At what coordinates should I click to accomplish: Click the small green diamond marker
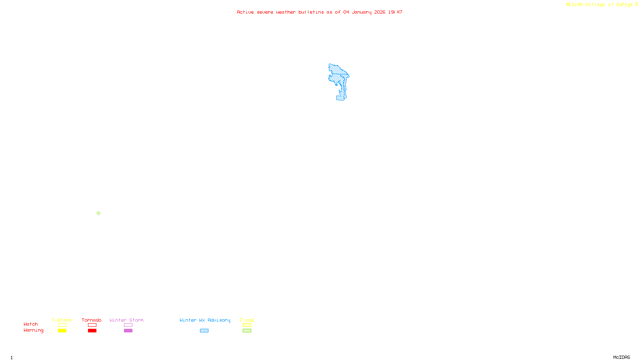click(98, 213)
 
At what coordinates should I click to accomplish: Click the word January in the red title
click(361, 12)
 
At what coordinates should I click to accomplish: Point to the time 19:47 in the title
click(395, 12)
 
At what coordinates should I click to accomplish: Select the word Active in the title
click(245, 12)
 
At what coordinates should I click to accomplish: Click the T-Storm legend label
click(62, 320)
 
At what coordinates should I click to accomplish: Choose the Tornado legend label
click(92, 320)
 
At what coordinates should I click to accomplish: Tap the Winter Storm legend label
click(126, 320)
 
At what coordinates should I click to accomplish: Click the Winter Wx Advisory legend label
click(205, 320)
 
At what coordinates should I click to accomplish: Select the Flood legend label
click(247, 320)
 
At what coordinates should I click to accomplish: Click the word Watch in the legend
click(31, 324)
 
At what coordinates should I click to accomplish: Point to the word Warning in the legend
click(33, 330)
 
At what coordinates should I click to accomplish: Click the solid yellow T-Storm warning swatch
click(62, 331)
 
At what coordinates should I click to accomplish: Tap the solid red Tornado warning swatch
click(92, 331)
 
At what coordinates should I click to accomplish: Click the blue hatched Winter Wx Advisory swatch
click(204, 331)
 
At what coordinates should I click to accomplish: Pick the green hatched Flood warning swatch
click(247, 331)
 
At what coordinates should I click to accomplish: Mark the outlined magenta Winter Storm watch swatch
click(128, 325)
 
